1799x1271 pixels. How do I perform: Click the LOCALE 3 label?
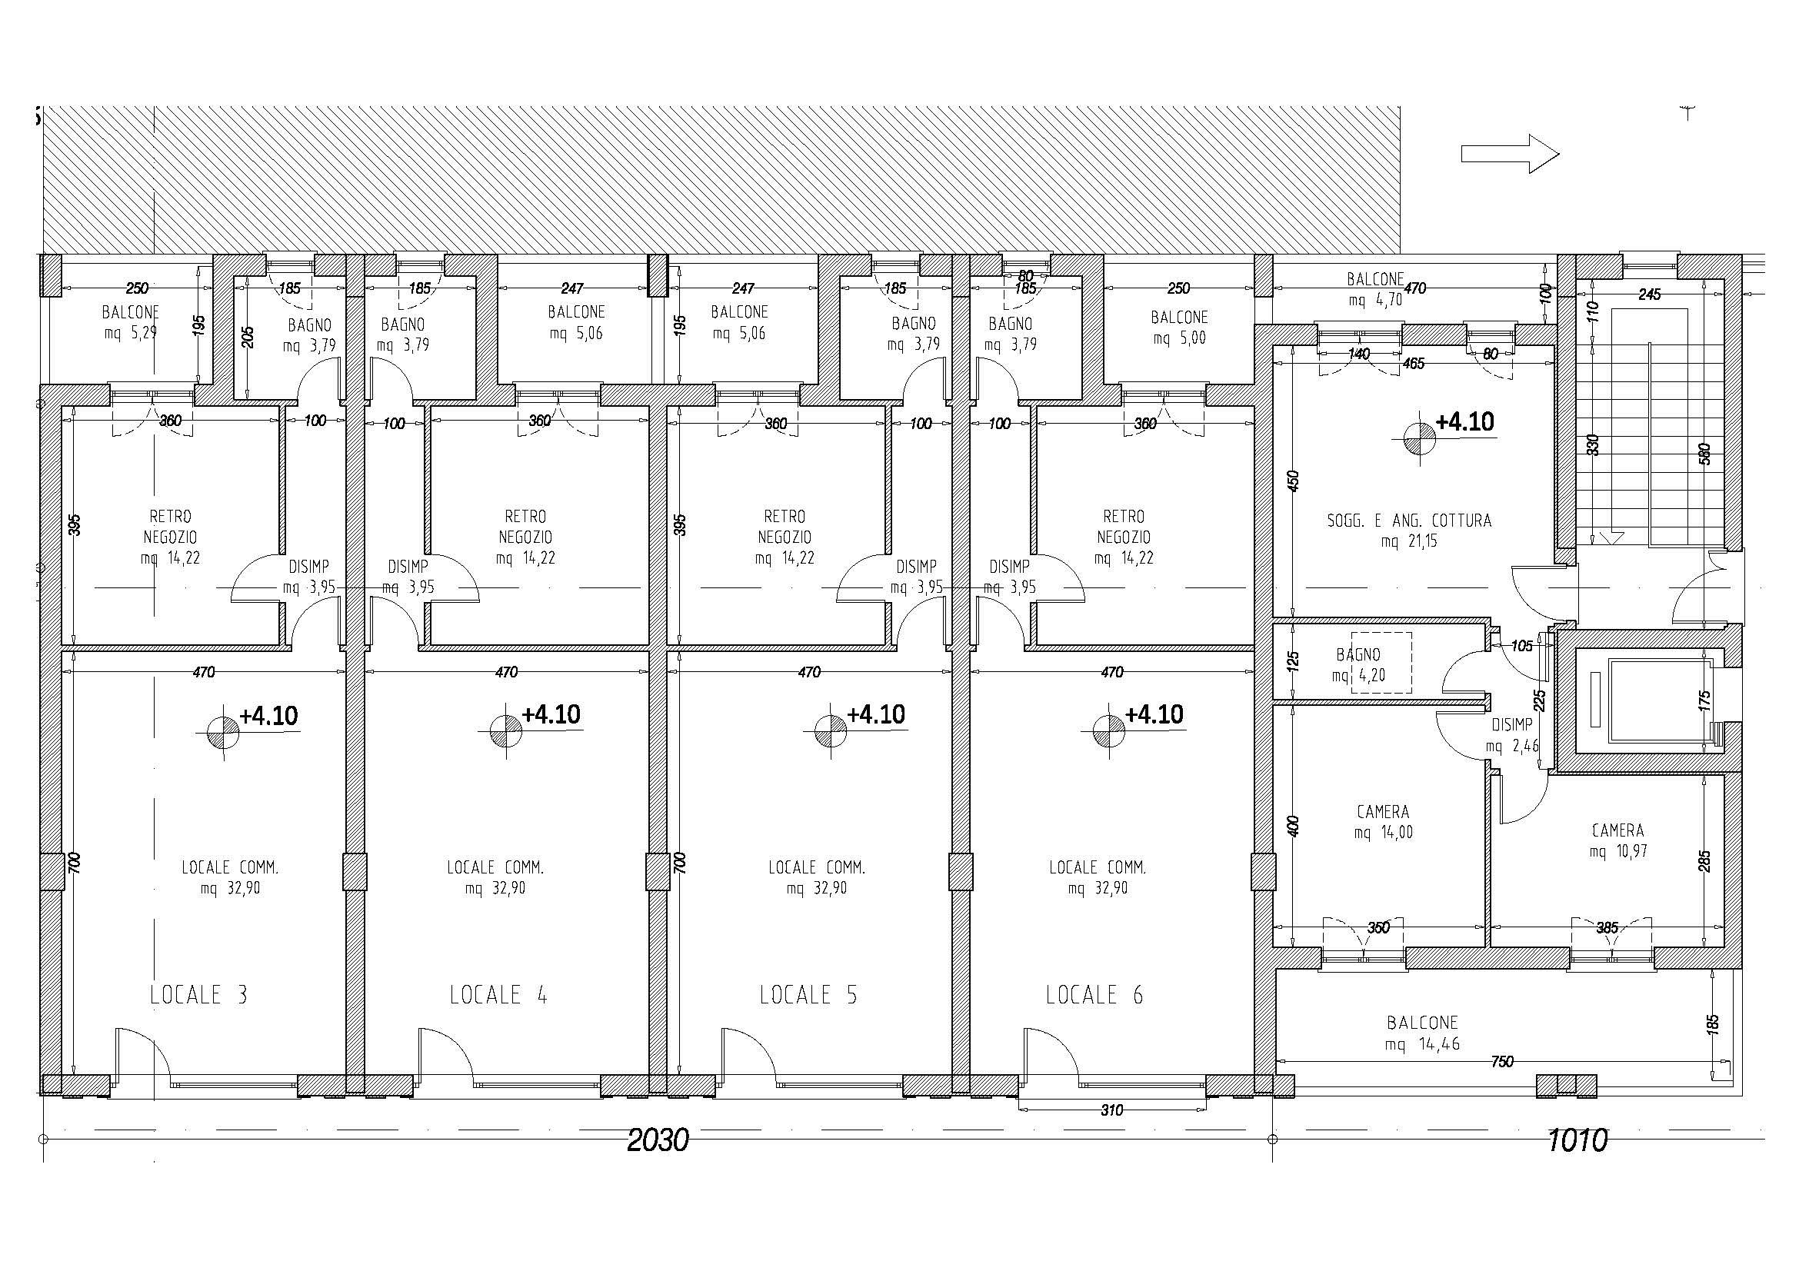(x=198, y=994)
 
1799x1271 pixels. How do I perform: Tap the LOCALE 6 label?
(x=1094, y=994)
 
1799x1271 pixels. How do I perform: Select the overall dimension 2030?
(x=658, y=1140)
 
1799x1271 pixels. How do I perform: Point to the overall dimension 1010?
(x=1577, y=1140)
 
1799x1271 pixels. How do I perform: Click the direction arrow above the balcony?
(x=1510, y=154)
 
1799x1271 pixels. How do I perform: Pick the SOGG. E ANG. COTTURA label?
(x=1409, y=521)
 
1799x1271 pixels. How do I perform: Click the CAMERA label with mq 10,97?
(x=1618, y=830)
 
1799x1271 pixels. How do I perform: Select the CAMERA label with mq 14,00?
(x=1383, y=812)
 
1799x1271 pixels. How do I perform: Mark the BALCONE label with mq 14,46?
(x=1422, y=1023)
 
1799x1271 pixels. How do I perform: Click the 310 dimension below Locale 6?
(x=1112, y=1110)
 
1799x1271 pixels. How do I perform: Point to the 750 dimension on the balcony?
(x=1502, y=1062)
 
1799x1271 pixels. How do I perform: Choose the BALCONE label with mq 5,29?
(x=130, y=312)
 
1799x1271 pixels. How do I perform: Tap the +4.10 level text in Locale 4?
(x=551, y=715)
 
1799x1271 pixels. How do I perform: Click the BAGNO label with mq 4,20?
(x=1358, y=654)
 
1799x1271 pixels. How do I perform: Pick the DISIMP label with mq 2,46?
(x=1511, y=726)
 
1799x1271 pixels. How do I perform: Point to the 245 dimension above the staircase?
(x=1649, y=294)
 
